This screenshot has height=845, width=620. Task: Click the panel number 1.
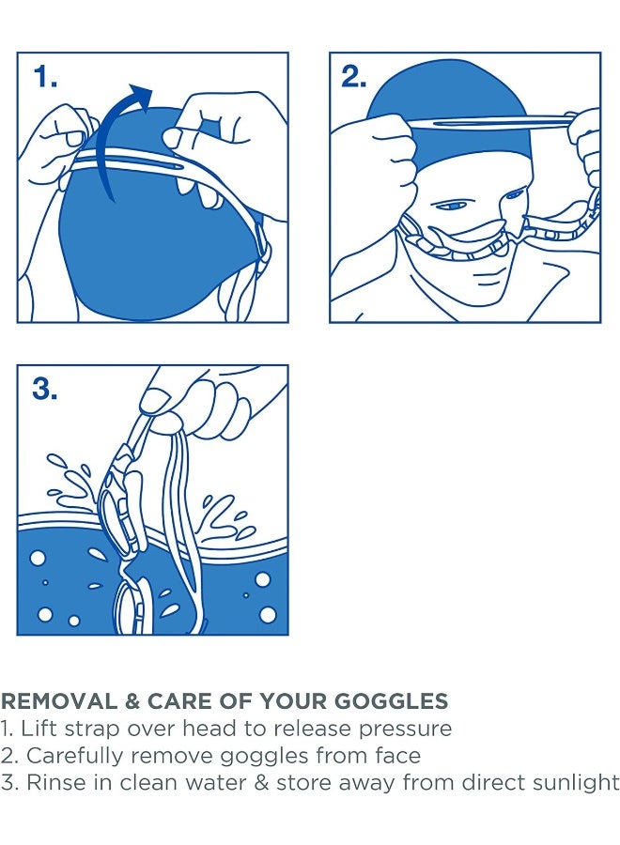45,77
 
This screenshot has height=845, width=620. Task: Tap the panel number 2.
354,77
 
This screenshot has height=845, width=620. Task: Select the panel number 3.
45,389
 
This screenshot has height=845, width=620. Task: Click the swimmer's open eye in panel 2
452,206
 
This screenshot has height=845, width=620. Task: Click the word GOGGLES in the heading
392,701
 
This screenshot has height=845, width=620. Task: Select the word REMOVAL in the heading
59,701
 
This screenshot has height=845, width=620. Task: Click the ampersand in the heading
132,701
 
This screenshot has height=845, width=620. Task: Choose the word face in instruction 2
397,756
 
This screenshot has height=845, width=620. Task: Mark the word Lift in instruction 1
39,728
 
